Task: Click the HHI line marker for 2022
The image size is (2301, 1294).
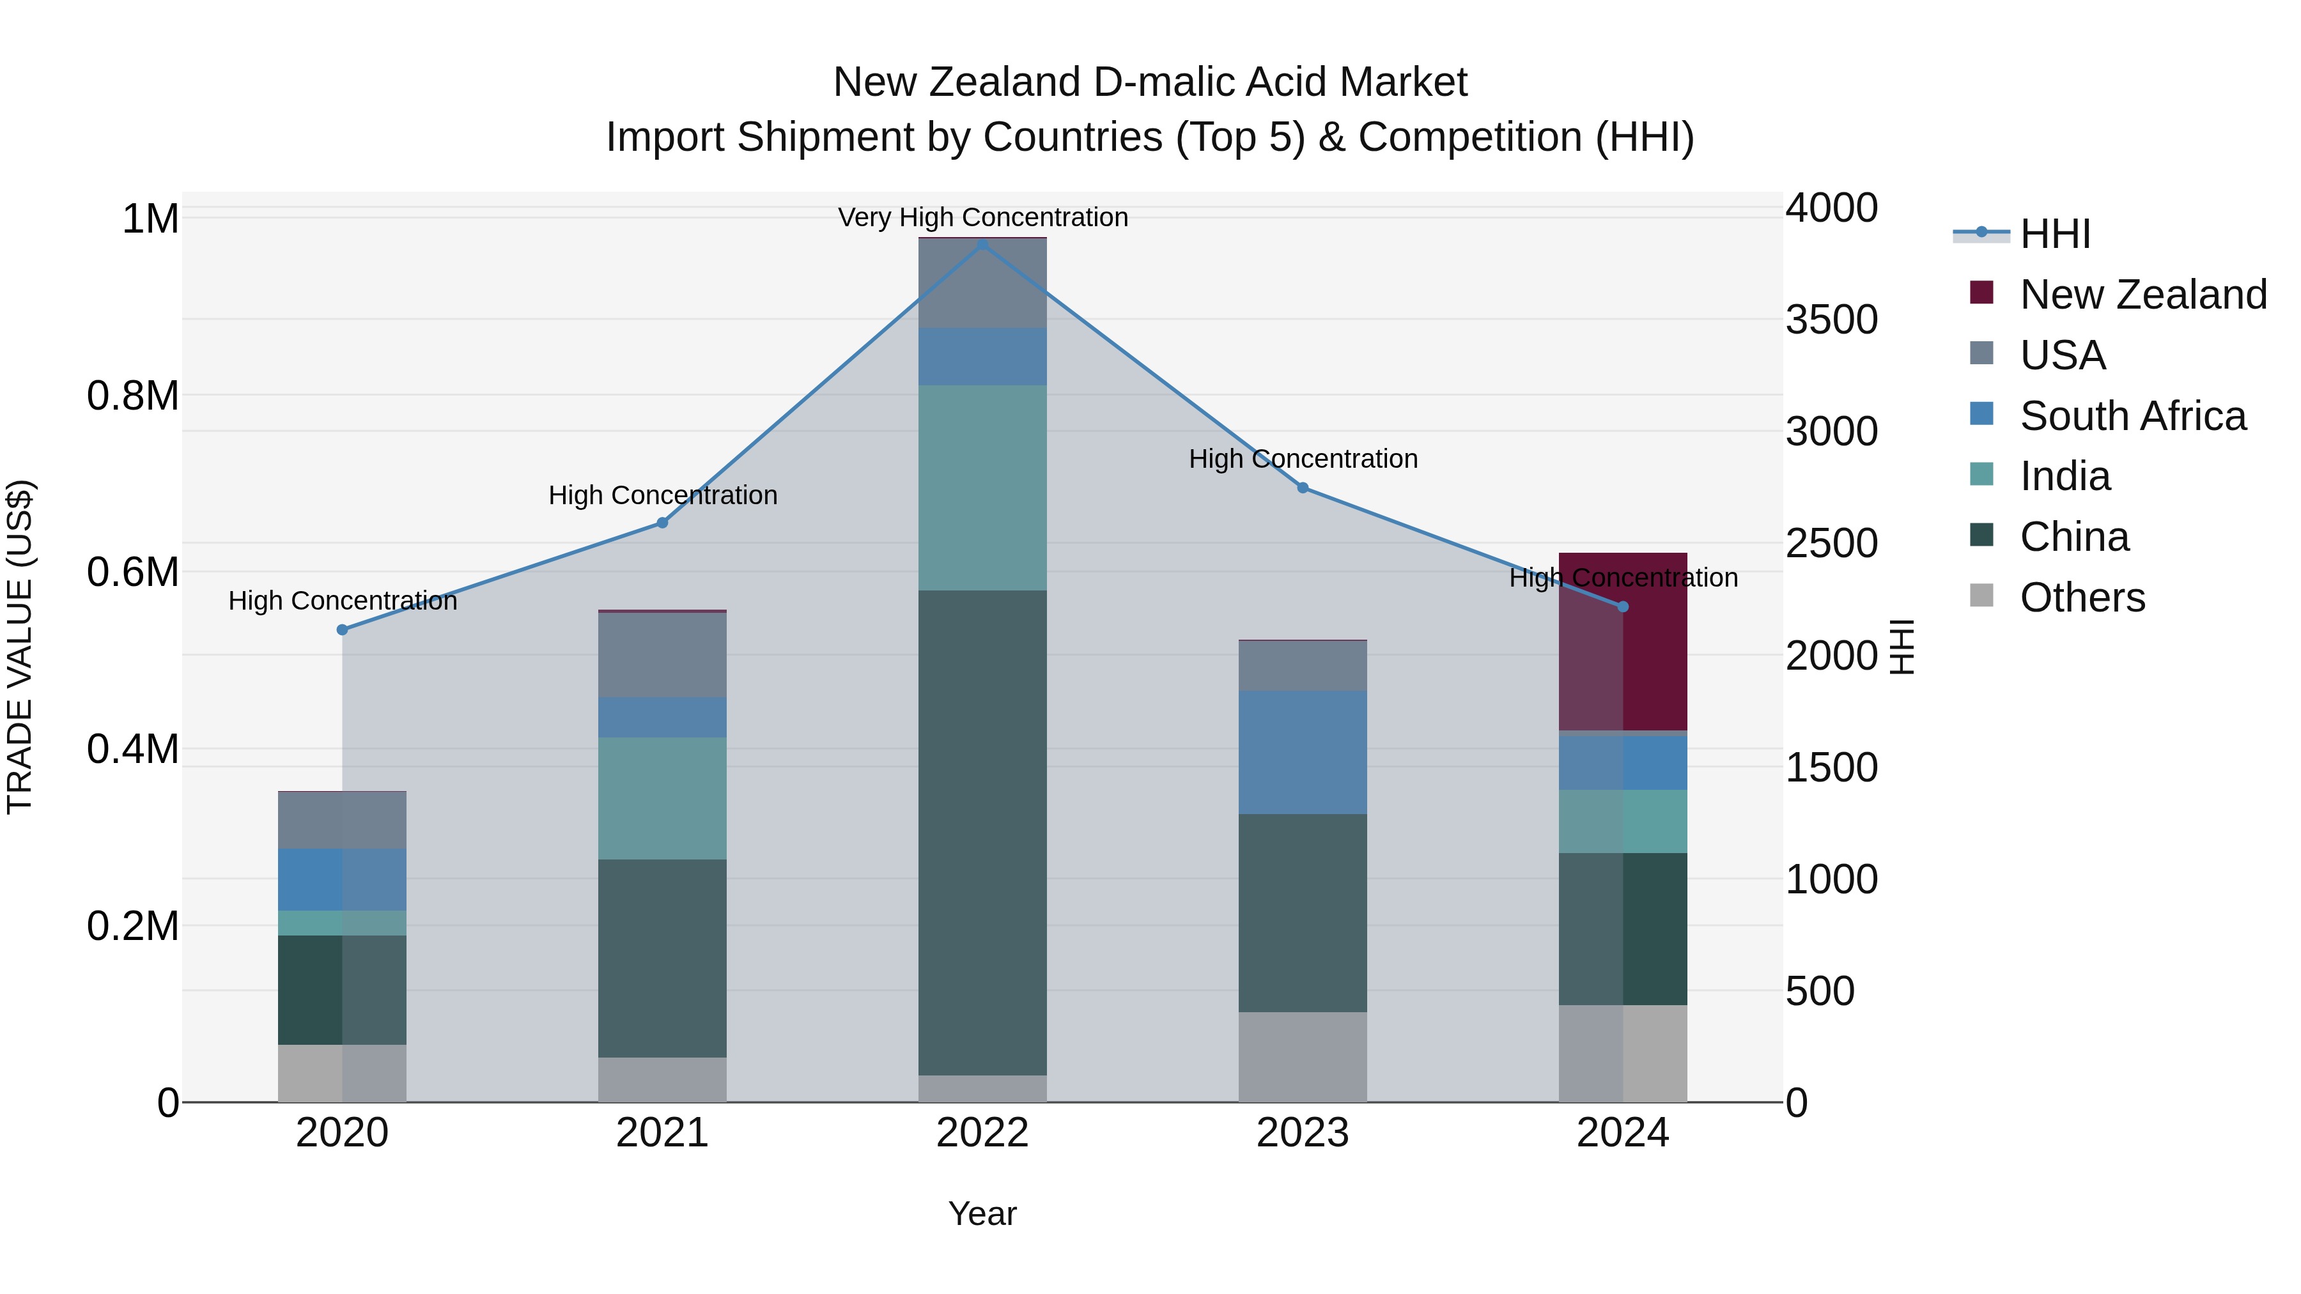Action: pyautogui.click(x=982, y=244)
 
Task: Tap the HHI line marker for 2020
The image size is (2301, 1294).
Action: pyautogui.click(x=342, y=629)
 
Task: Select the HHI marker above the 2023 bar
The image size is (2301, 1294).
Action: pyautogui.click(x=1303, y=488)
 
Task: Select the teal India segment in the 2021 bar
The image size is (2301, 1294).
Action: pyautogui.click(x=662, y=797)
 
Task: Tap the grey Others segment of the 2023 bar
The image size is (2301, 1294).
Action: pyautogui.click(x=1303, y=1056)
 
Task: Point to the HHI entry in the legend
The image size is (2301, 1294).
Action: pyautogui.click(x=2054, y=234)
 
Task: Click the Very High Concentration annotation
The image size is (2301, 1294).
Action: pyautogui.click(x=982, y=217)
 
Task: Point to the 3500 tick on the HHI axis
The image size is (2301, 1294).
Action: pyautogui.click(x=1831, y=320)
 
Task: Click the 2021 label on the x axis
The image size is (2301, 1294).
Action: pyautogui.click(x=662, y=1133)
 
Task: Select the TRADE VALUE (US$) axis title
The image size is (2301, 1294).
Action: pyautogui.click(x=20, y=647)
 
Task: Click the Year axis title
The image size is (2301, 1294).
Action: pyautogui.click(x=982, y=1213)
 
